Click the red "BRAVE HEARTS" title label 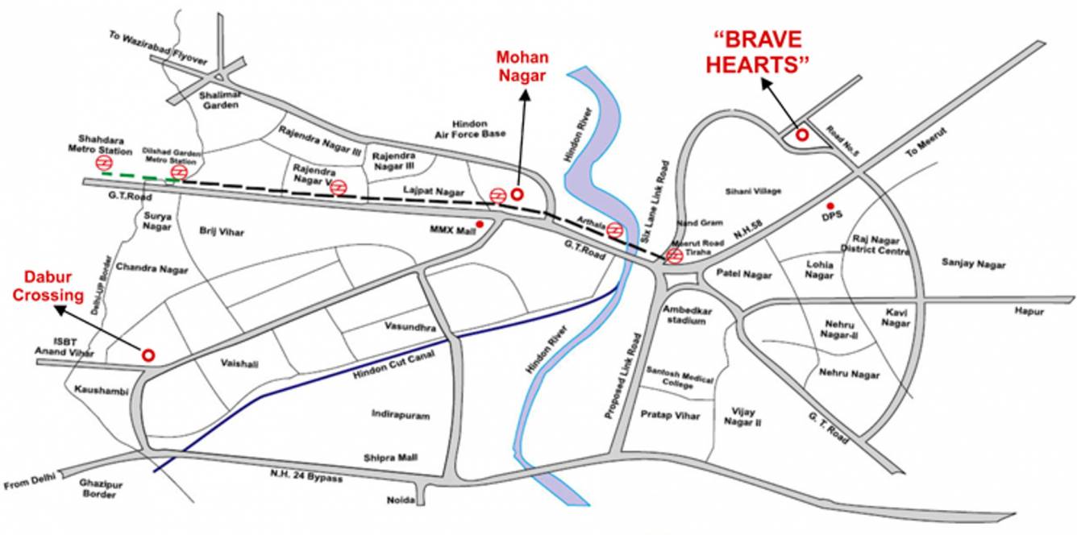(757, 52)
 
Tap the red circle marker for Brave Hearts (802, 135)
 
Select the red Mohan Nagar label (522, 66)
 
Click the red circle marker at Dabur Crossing (148, 355)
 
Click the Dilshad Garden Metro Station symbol (180, 171)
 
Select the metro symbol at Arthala (615, 230)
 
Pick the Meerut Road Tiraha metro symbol (674, 255)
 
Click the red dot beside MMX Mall (480, 224)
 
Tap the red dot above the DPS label (830, 207)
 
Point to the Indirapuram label (401, 415)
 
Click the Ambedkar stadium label (684, 315)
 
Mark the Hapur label (1029, 311)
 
